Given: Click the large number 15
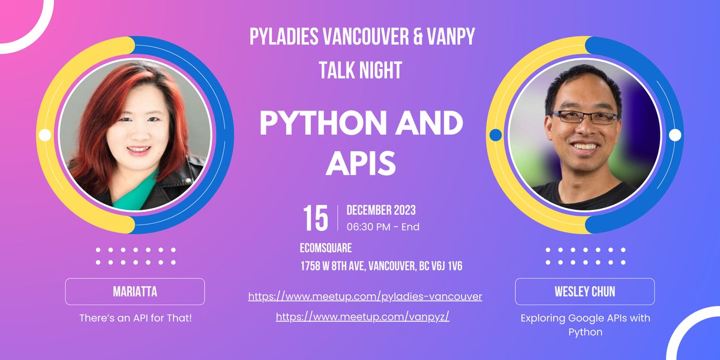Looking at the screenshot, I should coord(316,218).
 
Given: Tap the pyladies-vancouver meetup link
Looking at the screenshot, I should coord(365,296).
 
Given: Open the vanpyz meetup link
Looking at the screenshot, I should coord(362,317).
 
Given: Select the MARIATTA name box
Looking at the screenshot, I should coord(135,292).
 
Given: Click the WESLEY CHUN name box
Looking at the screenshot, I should coord(584,292).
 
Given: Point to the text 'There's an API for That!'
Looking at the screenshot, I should coord(136,317).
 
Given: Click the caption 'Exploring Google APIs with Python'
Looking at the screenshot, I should coord(584,324).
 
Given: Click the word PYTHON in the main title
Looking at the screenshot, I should coord(318,124).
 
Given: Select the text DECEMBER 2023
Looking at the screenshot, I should coord(381,211).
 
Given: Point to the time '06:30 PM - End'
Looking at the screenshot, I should coord(383,227).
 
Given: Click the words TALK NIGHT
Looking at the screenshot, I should coord(360,71).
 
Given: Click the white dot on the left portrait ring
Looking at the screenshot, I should coord(44,135).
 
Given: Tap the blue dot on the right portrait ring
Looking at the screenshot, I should coord(495,135).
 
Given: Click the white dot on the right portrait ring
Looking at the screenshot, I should coord(675,135).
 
